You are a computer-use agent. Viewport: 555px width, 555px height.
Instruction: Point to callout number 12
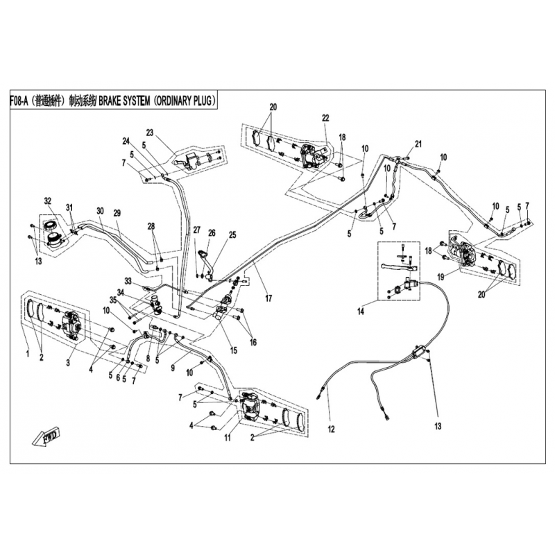coord(332,429)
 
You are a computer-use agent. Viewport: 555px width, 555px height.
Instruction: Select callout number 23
coord(149,133)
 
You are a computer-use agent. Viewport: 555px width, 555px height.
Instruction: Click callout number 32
coord(49,201)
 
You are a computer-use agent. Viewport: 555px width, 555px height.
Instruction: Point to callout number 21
coord(418,144)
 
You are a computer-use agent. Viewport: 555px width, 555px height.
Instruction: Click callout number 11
coord(226,438)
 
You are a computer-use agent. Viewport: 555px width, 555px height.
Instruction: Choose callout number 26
coord(212,233)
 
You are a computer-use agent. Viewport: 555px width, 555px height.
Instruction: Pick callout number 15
coord(234,350)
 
